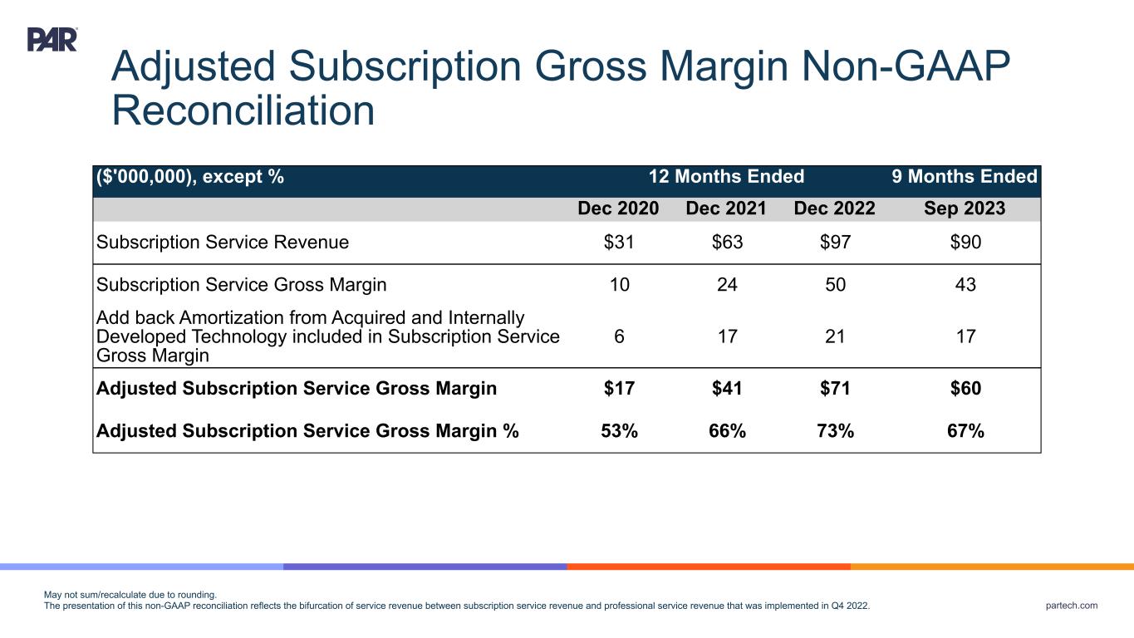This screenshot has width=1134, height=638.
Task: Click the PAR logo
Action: click(52, 40)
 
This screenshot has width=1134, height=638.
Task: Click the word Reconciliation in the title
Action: click(243, 110)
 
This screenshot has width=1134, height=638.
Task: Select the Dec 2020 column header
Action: click(618, 209)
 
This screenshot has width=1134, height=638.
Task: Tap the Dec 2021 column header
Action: click(726, 209)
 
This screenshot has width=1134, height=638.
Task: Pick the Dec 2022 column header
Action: click(834, 209)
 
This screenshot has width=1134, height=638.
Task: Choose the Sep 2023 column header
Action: click(964, 209)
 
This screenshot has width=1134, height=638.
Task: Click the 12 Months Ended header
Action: click(726, 177)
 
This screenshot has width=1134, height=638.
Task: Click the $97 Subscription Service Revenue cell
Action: click(834, 243)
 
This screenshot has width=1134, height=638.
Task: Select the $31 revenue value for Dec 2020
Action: click(618, 243)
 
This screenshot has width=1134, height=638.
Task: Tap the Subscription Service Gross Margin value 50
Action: click(834, 285)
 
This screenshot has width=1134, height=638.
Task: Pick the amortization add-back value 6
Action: click(618, 336)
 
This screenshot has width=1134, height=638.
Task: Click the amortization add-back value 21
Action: click(834, 336)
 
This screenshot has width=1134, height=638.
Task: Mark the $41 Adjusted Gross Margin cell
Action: click(726, 389)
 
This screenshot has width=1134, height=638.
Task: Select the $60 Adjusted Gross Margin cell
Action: click(964, 389)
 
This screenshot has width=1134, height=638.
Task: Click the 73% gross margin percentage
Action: click(834, 431)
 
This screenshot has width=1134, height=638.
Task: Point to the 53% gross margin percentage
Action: click(618, 431)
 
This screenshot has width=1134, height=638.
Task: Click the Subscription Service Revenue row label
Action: click(223, 243)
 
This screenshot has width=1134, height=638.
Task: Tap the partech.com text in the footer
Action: click(1073, 606)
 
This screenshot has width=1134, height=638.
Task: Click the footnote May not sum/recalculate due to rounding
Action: click(130, 595)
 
